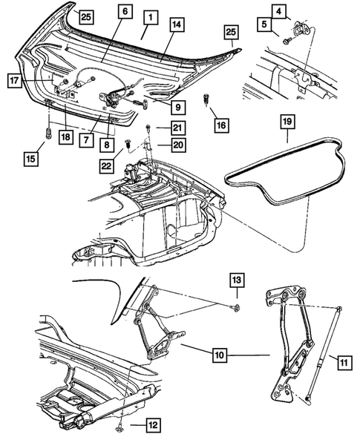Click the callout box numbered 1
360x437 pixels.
(149, 16)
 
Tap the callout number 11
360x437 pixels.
(344, 363)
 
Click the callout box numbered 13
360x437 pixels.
(235, 280)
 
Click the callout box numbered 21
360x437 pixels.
(177, 128)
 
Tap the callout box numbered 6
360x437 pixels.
(125, 11)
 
